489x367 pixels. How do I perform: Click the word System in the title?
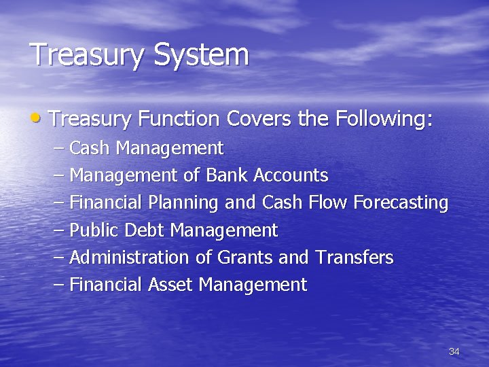click(x=202, y=55)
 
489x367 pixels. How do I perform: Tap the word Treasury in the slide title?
click(x=88, y=55)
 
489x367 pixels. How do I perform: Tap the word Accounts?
click(x=291, y=175)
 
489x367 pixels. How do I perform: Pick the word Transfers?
click(x=354, y=258)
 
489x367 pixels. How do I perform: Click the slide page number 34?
click(x=454, y=351)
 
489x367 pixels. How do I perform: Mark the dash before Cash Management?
click(x=59, y=147)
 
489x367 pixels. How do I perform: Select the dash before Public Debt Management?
click(x=59, y=230)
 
